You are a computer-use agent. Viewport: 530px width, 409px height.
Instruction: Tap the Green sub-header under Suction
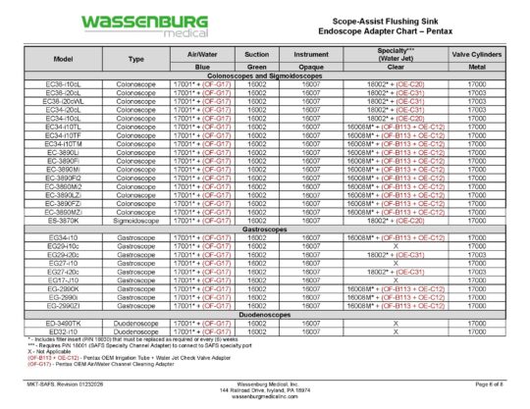click(x=258, y=67)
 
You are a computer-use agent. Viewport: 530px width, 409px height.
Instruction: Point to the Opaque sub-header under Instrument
click(x=311, y=67)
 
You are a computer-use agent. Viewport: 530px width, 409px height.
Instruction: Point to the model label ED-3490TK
click(x=63, y=322)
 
